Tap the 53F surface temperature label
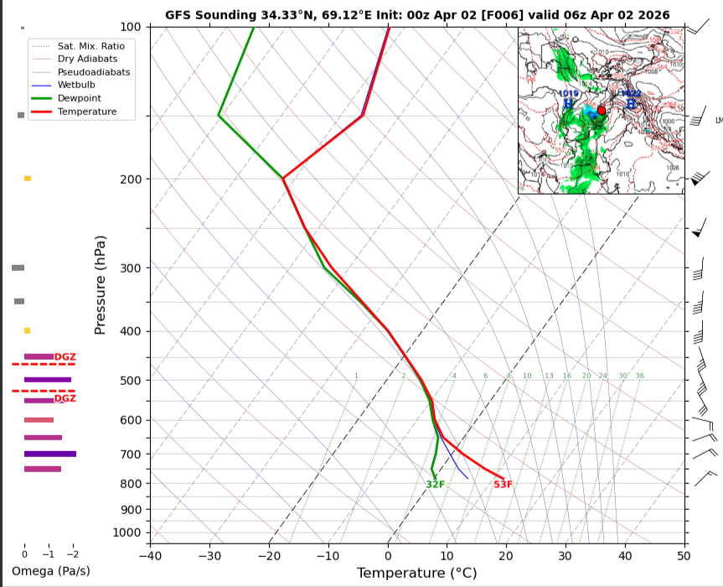click(503, 484)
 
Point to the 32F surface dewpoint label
click(435, 484)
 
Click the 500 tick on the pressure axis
click(129, 381)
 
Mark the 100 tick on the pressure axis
click(129, 28)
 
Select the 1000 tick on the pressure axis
click(126, 532)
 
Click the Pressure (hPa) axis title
click(101, 285)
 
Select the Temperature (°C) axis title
click(416, 573)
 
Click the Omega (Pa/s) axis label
click(50, 571)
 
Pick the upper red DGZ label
click(65, 357)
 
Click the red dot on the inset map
click(601, 111)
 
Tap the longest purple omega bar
click(50, 454)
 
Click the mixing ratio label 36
click(639, 376)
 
